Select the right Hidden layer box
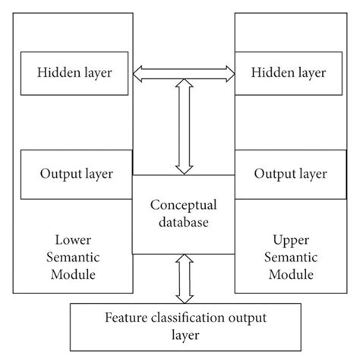tap(289, 73)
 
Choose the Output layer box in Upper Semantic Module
tap(289, 173)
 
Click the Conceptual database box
tap(183, 214)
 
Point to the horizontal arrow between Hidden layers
tap(183, 74)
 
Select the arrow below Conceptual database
tap(183, 278)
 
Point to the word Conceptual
tap(183, 205)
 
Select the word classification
tap(194, 316)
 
